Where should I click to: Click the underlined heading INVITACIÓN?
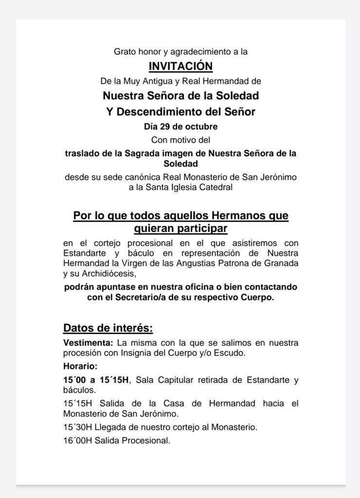[180, 66]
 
